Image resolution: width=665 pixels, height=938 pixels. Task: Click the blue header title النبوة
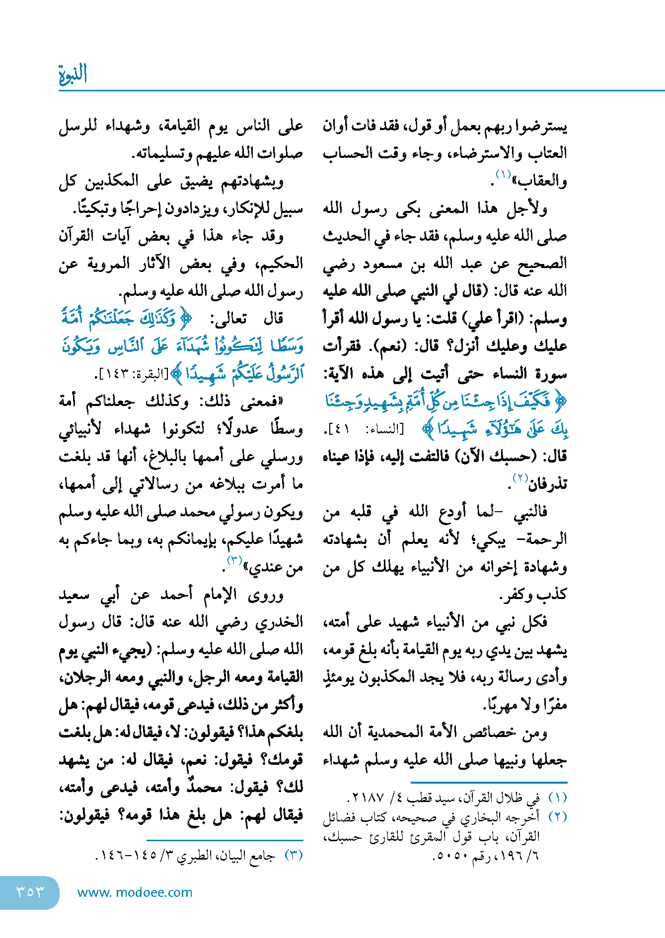pos(73,74)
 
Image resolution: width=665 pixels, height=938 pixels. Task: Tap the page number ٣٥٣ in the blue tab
pos(30,892)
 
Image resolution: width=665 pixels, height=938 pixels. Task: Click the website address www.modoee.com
pos(135,892)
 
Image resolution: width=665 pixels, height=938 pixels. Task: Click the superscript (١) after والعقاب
pos(503,175)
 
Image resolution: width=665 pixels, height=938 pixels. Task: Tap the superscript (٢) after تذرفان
pos(519,478)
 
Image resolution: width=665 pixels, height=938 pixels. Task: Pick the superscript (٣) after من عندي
pos(234,560)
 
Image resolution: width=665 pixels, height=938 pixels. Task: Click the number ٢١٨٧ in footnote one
pos(368,799)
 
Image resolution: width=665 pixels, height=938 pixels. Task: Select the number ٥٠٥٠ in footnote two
pos(451,857)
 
